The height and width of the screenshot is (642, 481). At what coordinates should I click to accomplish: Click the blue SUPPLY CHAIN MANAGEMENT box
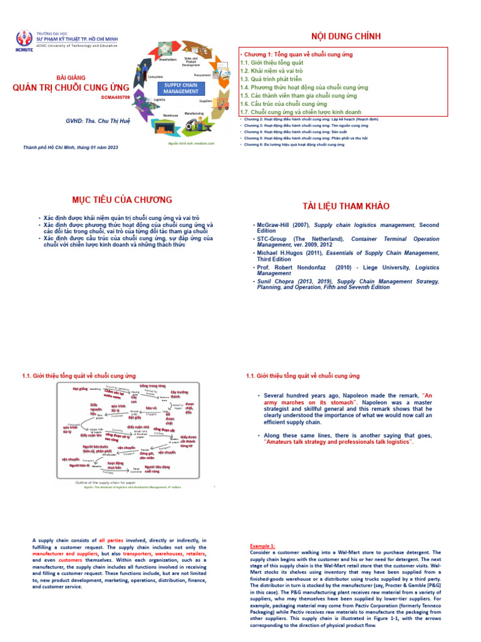pos(181,88)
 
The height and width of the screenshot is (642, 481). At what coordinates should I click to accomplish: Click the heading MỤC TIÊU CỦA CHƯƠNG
pos(122,199)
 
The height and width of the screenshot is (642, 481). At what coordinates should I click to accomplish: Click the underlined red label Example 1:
pos(262,546)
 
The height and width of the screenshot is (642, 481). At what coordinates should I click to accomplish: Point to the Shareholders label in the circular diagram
pos(168,60)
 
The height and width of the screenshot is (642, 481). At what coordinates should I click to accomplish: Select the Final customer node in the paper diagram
pos(137,470)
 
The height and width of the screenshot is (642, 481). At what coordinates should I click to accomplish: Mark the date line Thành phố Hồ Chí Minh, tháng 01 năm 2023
pos(70,147)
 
